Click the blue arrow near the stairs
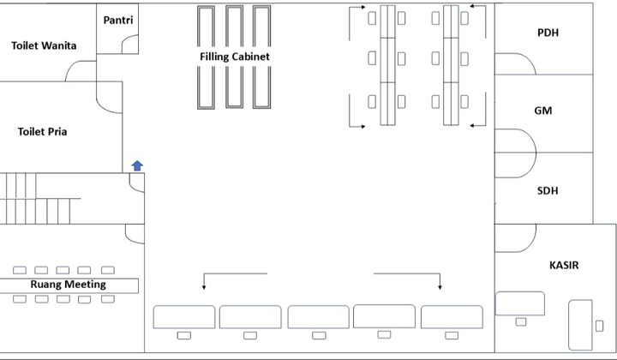(x=137, y=165)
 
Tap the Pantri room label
(x=118, y=20)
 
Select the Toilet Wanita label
(x=44, y=45)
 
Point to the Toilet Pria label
(x=42, y=131)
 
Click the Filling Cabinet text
(x=235, y=57)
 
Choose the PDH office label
(x=548, y=33)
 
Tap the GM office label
(x=543, y=111)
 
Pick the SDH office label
(x=548, y=191)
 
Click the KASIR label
(x=564, y=265)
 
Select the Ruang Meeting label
(x=68, y=285)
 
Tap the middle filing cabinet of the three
(x=235, y=57)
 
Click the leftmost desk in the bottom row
(x=183, y=317)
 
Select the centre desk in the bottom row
(x=318, y=317)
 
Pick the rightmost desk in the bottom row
(x=452, y=317)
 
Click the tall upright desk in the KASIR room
(x=580, y=325)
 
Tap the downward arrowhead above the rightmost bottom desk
(x=440, y=287)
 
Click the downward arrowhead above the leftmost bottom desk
(x=204, y=287)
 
